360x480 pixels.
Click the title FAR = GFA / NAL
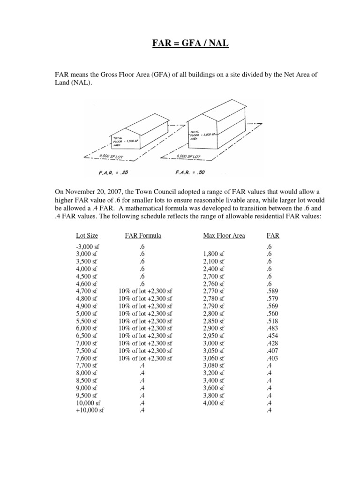(180, 45)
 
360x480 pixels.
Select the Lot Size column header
(87, 235)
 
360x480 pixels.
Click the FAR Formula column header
(143, 235)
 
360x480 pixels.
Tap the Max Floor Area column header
(224, 235)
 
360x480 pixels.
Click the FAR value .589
(269, 291)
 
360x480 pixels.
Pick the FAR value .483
(269, 329)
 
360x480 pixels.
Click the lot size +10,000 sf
(89, 411)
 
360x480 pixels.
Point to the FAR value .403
(269, 359)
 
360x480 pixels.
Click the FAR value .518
(269, 321)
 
